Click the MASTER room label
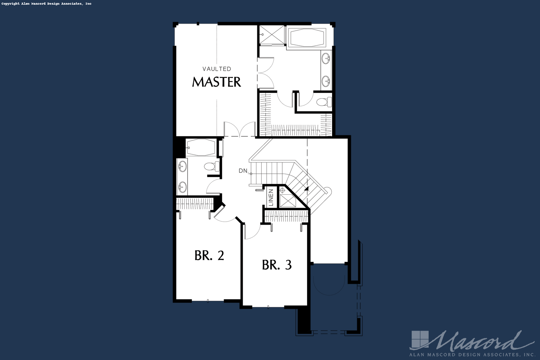pyautogui.click(x=216, y=82)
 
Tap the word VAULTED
pyautogui.click(x=217, y=69)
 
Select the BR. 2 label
pyautogui.click(x=209, y=255)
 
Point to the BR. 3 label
pyautogui.click(x=277, y=265)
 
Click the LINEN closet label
pyautogui.click(x=271, y=197)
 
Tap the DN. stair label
pyautogui.click(x=243, y=171)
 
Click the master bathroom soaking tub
pyautogui.click(x=308, y=38)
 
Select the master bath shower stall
pyautogui.click(x=272, y=35)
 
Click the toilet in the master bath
pyautogui.click(x=324, y=102)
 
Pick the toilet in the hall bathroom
pyautogui.click(x=211, y=166)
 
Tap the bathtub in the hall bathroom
pyautogui.click(x=201, y=147)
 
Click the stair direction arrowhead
pyautogui.click(x=306, y=189)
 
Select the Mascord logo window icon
pyautogui.click(x=420, y=339)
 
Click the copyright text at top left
pyautogui.click(x=47, y=4)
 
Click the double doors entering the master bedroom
pyautogui.click(x=239, y=129)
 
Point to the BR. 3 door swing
pyautogui.click(x=252, y=231)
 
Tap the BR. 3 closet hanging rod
pyautogui.click(x=286, y=216)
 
